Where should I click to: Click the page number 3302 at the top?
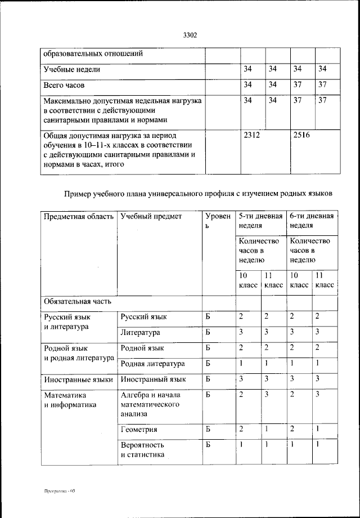pos(190,35)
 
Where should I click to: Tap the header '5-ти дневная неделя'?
pos(260,221)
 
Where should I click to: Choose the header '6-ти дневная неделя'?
pos(311,221)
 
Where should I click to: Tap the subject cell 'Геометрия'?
pos(138,430)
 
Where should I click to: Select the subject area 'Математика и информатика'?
pos(70,400)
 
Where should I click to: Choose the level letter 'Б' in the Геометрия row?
pos(208,430)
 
